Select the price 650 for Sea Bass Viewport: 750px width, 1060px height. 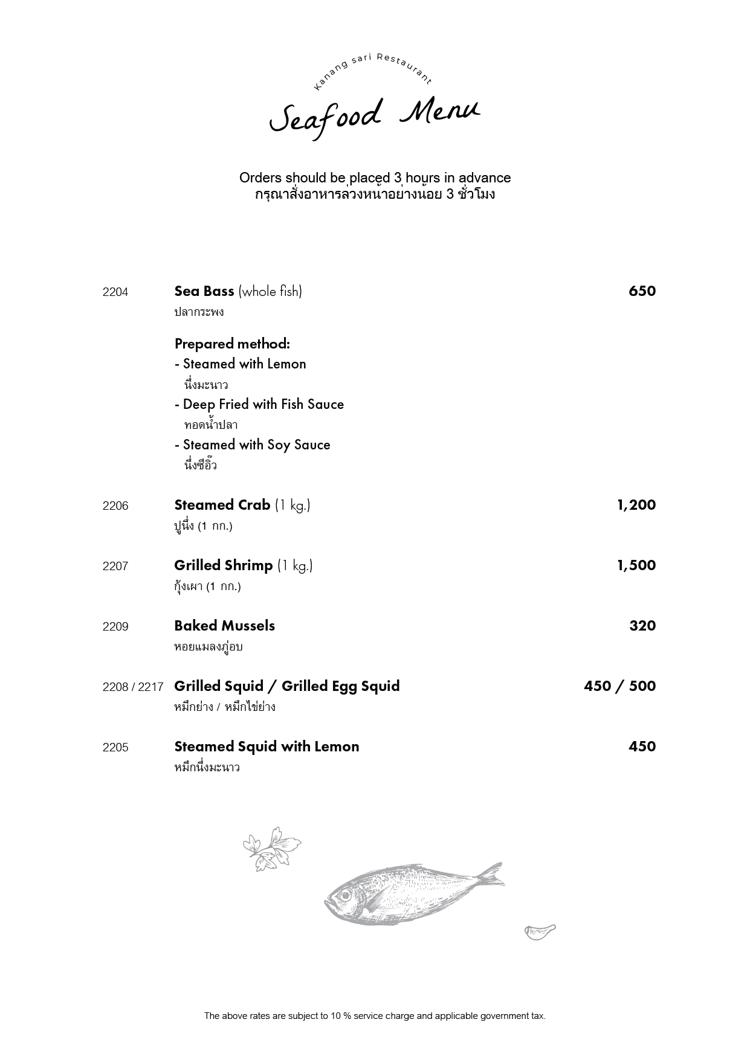coord(642,291)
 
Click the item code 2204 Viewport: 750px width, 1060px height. coord(115,292)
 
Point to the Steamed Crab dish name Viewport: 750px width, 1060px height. coord(222,505)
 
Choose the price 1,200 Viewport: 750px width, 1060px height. coord(636,505)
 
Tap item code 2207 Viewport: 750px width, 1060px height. coord(115,567)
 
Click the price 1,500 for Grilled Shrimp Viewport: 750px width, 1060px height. coord(636,565)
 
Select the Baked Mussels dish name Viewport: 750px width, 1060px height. coord(225,626)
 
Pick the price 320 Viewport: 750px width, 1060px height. coord(642,626)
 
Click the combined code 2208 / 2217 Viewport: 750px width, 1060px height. coord(133,687)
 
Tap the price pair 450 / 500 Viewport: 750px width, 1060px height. coord(620,686)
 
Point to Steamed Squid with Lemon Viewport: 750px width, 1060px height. coord(267,747)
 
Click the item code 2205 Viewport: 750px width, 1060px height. coord(115,748)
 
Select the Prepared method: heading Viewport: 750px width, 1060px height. coord(232,344)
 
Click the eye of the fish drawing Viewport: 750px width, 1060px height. coord(345,895)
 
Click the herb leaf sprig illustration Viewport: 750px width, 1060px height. coord(271,848)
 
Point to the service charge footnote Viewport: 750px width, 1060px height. coord(375,1016)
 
